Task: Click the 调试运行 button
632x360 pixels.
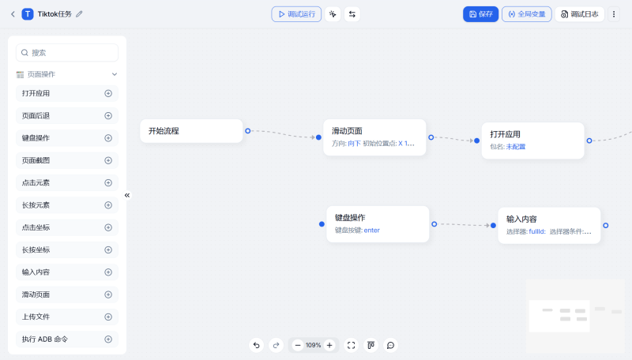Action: tap(296, 14)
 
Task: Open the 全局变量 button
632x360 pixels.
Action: tap(526, 14)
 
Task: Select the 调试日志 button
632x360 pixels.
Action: tap(579, 14)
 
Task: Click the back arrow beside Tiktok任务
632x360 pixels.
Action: tap(13, 14)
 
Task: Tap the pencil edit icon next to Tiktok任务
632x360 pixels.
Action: tap(79, 14)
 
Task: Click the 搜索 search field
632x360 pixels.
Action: tap(67, 53)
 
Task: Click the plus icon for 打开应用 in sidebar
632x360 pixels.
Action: tap(108, 93)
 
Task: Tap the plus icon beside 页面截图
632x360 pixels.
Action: tap(108, 160)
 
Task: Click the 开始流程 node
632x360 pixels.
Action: tap(191, 131)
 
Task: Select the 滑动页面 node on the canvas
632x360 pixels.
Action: tap(374, 137)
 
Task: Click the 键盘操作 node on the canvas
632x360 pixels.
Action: tap(378, 223)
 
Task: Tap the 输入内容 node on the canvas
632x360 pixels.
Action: tap(549, 225)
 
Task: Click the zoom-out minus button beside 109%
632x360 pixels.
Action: tap(298, 345)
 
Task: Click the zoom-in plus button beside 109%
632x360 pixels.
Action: tap(329, 345)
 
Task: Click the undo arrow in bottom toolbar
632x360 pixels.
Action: tap(256, 345)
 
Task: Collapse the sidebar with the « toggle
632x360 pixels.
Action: tap(127, 195)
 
